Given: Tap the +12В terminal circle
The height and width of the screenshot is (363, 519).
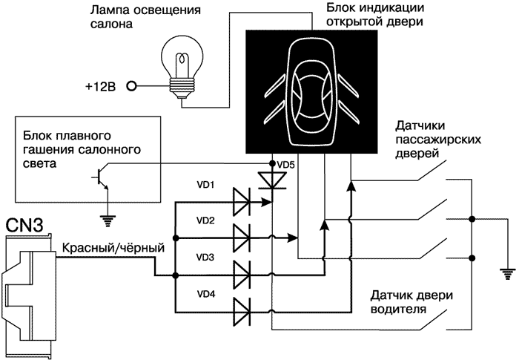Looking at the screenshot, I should pyautogui.click(x=132, y=86).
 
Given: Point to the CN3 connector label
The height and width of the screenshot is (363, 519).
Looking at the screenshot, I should pyautogui.click(x=25, y=222).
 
